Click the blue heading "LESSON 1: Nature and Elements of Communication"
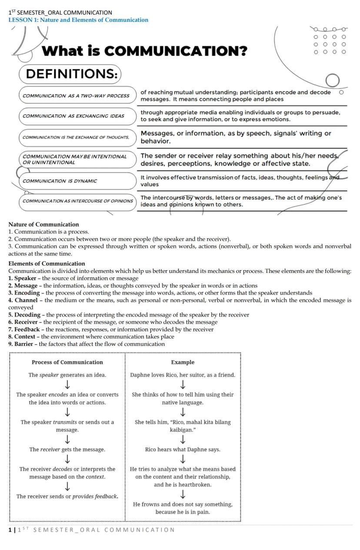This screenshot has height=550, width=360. pos(78,20)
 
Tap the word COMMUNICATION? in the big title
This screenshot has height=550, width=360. pos(176,51)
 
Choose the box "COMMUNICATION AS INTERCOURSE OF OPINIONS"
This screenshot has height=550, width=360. pos(77,201)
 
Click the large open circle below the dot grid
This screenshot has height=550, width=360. pos(332,80)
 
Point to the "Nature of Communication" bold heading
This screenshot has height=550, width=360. pos(43,225)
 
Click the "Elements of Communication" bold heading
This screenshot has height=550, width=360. pos(47,264)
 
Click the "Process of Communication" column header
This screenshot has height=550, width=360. pos(67,362)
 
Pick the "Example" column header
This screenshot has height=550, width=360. pos(183,362)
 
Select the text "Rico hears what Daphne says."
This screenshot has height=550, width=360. pos(183,450)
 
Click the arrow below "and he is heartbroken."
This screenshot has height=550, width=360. pos(183,494)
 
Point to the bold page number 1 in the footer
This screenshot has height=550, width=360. pos(10,530)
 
